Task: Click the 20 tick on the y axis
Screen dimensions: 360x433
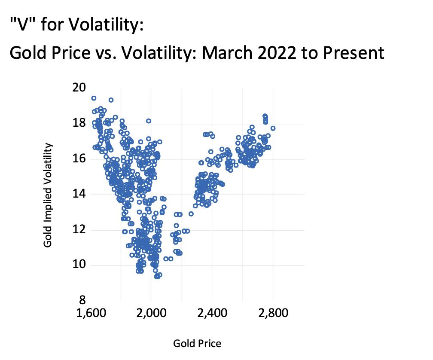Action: [80, 88]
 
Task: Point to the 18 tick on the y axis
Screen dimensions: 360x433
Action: [80, 124]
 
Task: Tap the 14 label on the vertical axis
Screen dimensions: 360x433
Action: [80, 195]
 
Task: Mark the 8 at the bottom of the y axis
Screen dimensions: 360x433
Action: [82, 300]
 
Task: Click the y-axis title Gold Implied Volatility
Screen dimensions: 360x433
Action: [48, 195]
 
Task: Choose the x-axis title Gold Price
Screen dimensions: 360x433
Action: [197, 343]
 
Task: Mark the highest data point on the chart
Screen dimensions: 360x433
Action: [94, 98]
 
